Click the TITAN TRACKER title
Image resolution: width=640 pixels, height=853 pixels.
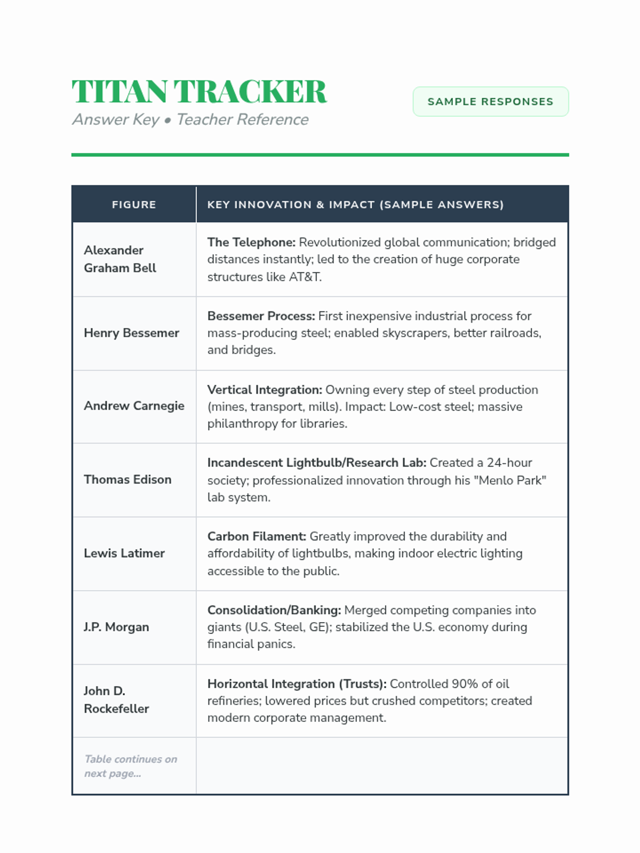[x=199, y=91]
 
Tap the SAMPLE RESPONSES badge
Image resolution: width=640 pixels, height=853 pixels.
[x=490, y=101]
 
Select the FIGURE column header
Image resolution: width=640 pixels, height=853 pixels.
[x=134, y=205]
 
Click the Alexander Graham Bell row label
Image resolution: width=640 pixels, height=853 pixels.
[x=120, y=259]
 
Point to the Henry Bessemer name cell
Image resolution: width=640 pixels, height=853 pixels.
[x=131, y=333]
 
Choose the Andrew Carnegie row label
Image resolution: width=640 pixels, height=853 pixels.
[x=134, y=406]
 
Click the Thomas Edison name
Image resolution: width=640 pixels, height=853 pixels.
[x=127, y=479]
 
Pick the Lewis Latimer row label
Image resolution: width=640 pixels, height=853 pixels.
[x=124, y=553]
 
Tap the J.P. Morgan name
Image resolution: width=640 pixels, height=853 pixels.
[x=116, y=627]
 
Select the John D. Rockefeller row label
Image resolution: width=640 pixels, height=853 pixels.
[x=116, y=699]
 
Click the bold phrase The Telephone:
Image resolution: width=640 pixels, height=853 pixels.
[x=251, y=242]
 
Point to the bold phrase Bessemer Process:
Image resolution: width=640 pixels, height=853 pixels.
[x=261, y=316]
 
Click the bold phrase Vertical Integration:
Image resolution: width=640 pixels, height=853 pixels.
[x=265, y=390]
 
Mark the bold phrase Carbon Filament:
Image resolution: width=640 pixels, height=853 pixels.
[x=257, y=536]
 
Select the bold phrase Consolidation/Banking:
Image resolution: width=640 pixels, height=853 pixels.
[x=274, y=610]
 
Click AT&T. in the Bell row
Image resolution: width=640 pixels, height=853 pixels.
[x=305, y=277]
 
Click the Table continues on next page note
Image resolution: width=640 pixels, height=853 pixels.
[x=131, y=766]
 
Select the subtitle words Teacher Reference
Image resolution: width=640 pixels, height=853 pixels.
[x=242, y=119]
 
